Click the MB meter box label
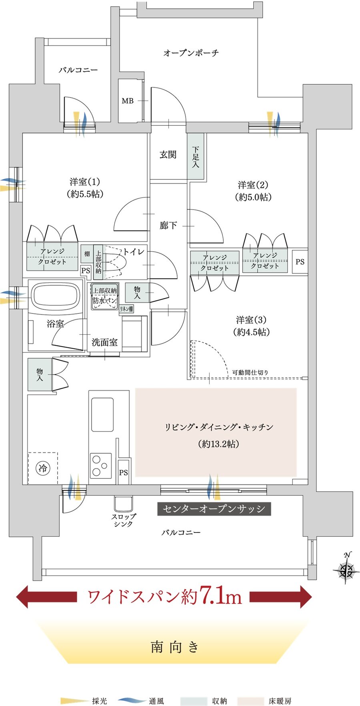[x=128, y=101]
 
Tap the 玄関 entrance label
[x=168, y=155]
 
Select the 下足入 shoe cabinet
[x=196, y=156]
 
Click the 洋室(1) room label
[x=84, y=182]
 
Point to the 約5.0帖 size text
[x=253, y=197]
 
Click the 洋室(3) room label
[x=251, y=320]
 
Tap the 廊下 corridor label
[x=168, y=225]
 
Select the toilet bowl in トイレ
[x=116, y=262]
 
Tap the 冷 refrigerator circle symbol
[x=43, y=468]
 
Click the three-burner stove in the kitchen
[x=100, y=465]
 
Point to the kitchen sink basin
[x=102, y=414]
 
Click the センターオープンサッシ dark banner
[x=214, y=509]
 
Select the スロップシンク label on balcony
[x=123, y=520]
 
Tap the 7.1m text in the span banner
[x=220, y=596]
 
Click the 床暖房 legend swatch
[x=250, y=701]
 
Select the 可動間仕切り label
[x=250, y=373]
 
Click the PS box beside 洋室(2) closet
[x=300, y=262]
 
